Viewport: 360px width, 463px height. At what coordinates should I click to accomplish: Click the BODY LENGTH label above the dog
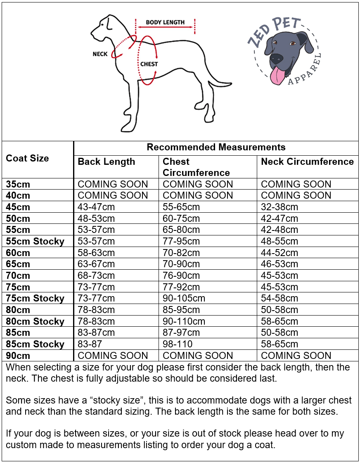[165, 22]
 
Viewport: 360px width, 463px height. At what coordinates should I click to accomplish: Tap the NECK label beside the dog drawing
[100, 54]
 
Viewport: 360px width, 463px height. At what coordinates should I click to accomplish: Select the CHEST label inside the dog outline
[149, 64]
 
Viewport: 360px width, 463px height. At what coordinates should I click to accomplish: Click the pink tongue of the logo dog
[277, 75]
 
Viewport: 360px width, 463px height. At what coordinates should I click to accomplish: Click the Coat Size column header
[27, 158]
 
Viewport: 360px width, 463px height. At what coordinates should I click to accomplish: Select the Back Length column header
[107, 161]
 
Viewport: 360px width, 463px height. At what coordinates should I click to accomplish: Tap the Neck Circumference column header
[307, 161]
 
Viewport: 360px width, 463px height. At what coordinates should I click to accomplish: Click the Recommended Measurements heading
[216, 147]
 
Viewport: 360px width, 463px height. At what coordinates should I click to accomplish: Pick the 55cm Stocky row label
[35, 241]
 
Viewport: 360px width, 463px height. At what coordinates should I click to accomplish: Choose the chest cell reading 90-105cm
[184, 298]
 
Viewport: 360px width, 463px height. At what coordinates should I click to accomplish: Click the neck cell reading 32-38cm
[279, 207]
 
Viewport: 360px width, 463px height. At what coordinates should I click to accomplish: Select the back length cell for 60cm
[96, 253]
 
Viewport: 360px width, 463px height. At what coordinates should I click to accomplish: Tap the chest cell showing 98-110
[178, 344]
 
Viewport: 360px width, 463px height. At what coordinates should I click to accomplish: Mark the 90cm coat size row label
[18, 356]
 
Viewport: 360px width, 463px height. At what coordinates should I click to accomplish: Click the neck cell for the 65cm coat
[279, 264]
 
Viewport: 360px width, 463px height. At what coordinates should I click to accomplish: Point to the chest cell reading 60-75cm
[181, 218]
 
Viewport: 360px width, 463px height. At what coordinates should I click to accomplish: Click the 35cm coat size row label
[18, 184]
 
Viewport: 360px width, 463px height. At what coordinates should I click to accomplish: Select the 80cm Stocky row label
[35, 321]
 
